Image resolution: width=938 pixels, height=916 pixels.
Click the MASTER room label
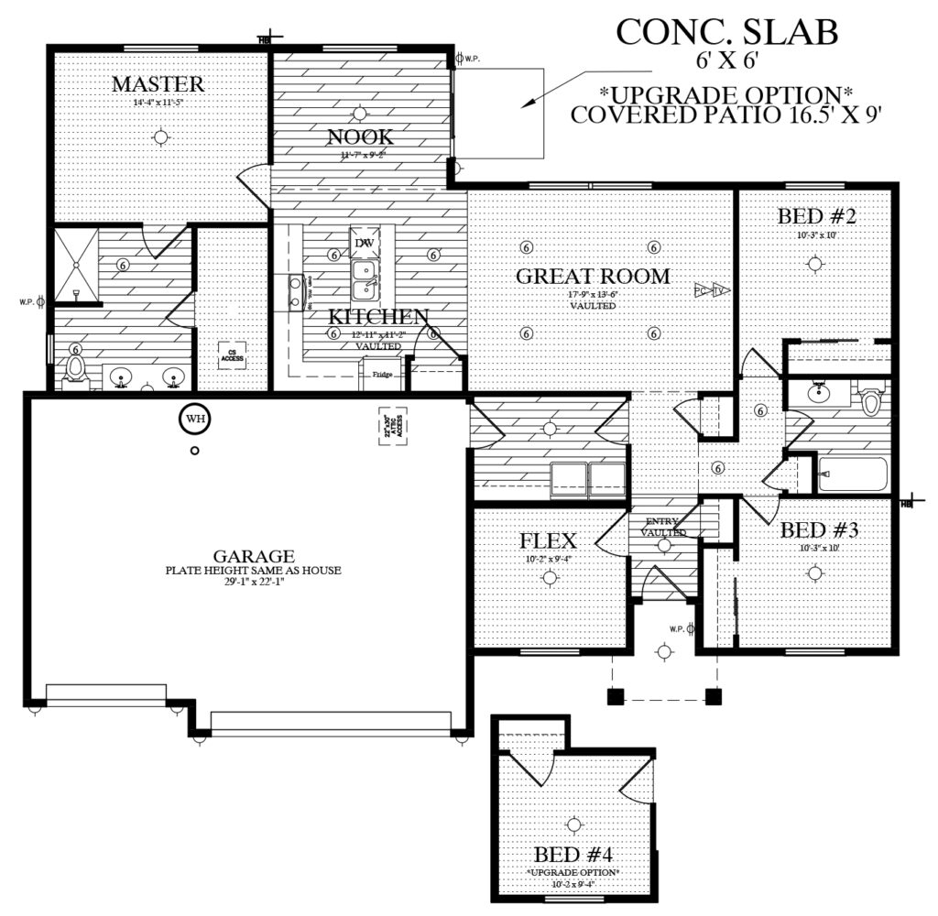coord(158,84)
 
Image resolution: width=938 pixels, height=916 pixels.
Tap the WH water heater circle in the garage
coord(194,419)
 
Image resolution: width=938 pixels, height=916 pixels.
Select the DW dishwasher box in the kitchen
coord(364,243)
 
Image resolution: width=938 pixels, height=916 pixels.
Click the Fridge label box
coord(381,374)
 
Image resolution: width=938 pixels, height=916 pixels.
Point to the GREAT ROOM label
coord(593,276)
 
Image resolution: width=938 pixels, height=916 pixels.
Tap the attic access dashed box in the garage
coord(392,426)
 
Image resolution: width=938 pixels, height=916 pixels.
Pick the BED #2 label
coord(816,217)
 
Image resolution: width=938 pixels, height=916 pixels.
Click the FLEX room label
coord(548,540)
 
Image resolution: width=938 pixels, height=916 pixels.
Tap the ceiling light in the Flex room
coord(549,577)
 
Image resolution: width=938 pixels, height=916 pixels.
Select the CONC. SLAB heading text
coord(726,32)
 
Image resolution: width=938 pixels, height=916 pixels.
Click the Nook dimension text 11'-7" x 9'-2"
coord(360,156)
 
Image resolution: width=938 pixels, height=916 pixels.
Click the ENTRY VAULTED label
coord(663,527)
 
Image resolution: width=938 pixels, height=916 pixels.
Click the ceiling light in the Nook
coord(360,113)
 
